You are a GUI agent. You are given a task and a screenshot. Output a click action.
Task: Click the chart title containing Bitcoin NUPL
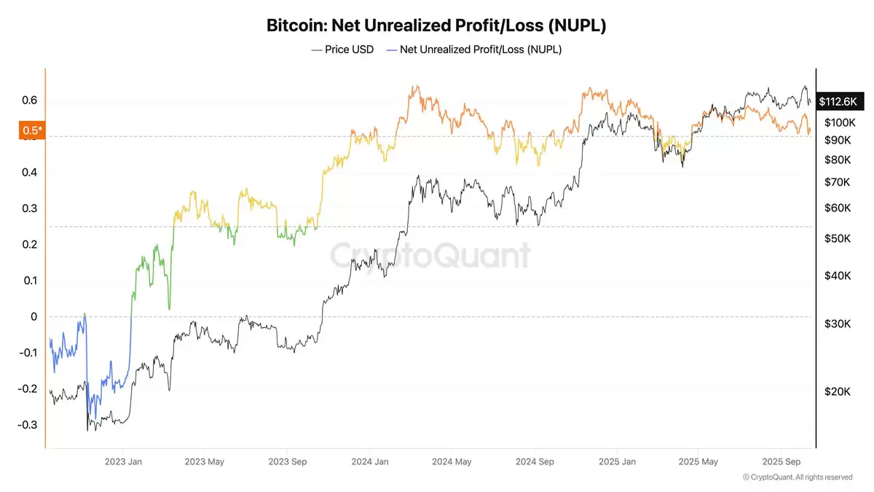point(436,26)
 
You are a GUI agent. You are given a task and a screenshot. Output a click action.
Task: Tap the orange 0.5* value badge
point(32,130)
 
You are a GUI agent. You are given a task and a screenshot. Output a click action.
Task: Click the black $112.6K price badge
point(837,102)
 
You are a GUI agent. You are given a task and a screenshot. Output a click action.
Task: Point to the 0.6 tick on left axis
point(29,101)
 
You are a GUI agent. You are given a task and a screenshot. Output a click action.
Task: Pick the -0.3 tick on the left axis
point(27,425)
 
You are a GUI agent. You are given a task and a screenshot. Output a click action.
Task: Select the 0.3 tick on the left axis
point(29,208)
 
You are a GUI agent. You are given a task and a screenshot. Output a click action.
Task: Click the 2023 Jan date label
point(123,461)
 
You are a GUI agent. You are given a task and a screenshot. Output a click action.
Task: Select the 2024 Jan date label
point(370,461)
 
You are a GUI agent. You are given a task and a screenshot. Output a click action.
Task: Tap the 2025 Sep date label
point(782,461)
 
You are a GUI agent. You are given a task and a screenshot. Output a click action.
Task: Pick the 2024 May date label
point(452,461)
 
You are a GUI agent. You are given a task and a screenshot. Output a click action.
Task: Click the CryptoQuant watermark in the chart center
point(431,256)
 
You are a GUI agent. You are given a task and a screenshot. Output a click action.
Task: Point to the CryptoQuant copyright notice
point(797,477)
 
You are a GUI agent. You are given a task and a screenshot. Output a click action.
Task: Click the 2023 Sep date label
point(287,461)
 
